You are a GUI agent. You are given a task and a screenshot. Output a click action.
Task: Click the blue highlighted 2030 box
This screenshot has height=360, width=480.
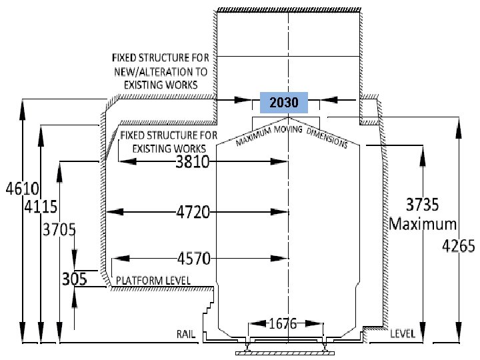[x=284, y=103]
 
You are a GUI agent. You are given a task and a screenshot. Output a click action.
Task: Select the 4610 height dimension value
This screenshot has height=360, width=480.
[x=23, y=189]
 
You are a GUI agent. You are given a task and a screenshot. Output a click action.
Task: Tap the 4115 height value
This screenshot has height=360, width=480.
[x=41, y=207]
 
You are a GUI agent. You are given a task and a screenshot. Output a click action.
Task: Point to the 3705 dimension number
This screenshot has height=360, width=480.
[x=59, y=229]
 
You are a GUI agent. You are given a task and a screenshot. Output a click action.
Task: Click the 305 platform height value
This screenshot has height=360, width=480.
[x=75, y=279]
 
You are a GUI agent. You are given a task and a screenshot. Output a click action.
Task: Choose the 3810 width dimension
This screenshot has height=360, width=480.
[x=193, y=161]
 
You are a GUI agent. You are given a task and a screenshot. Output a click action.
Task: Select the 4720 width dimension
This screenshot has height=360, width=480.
[x=193, y=212]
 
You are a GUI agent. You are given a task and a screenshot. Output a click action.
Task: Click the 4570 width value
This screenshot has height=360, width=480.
[x=194, y=259]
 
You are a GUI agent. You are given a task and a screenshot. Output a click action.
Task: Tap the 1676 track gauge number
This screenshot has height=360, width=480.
[x=283, y=323]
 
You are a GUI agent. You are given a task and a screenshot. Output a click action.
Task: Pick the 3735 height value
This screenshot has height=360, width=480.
[x=423, y=205]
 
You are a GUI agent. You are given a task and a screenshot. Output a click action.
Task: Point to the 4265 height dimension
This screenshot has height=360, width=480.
[x=459, y=246]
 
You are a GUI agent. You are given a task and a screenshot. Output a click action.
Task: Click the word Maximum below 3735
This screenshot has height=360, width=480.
[x=423, y=224]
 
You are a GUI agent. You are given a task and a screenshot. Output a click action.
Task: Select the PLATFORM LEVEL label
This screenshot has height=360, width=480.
[x=153, y=281]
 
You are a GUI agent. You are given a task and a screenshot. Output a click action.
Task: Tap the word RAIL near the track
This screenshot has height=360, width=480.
[x=186, y=334]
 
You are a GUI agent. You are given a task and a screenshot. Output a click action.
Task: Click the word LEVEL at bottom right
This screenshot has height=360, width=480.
[x=403, y=334]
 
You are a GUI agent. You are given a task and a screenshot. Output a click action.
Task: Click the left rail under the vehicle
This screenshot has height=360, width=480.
[x=247, y=345]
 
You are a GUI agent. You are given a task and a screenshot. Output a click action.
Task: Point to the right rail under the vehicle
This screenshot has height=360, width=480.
[x=325, y=345]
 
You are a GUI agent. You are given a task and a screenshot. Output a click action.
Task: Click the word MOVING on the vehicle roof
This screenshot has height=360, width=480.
[x=288, y=129]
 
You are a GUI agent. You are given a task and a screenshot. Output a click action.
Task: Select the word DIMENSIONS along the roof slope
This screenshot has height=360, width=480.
[x=327, y=138]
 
